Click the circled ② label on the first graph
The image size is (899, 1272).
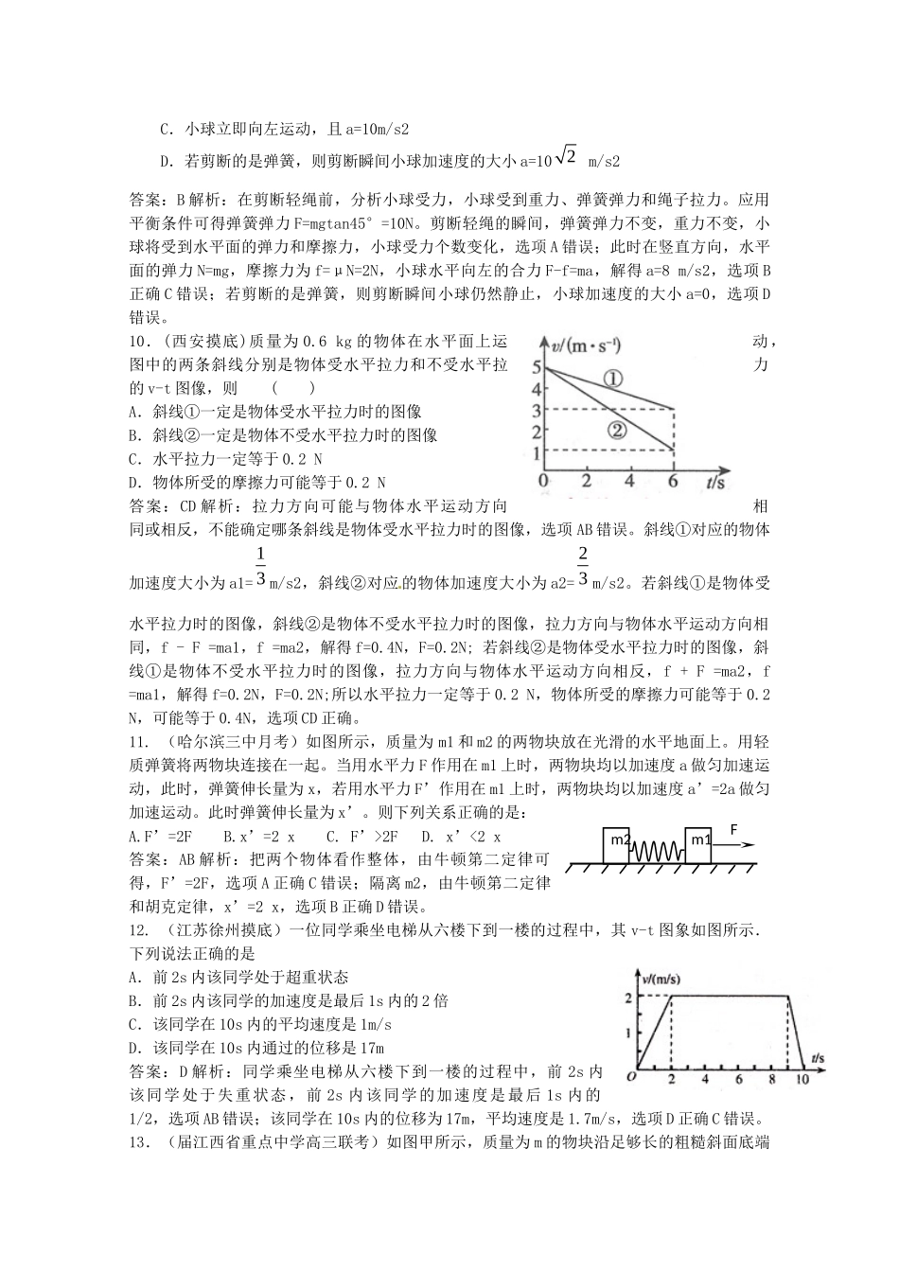[616, 430]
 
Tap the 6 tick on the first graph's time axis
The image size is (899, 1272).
[673, 481]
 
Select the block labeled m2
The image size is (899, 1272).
[621, 840]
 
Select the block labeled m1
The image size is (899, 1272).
[698, 840]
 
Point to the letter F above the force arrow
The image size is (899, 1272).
[732, 828]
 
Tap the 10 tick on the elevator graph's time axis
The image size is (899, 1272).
[802, 1078]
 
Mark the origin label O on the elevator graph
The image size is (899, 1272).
[630, 1078]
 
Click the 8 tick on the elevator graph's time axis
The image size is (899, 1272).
[766, 1078]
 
